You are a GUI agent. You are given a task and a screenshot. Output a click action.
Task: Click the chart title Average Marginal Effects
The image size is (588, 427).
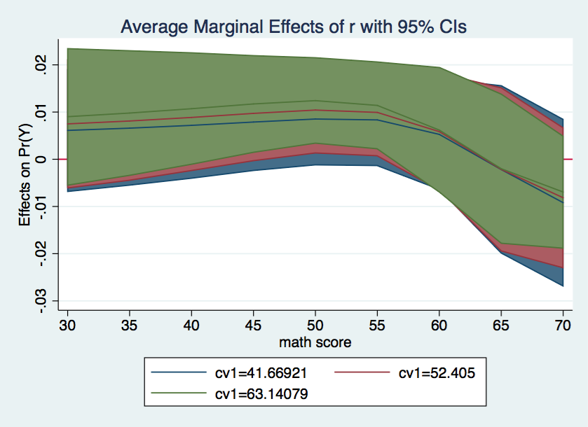[294, 27]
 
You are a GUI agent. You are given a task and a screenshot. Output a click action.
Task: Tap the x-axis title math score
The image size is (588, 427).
[315, 343]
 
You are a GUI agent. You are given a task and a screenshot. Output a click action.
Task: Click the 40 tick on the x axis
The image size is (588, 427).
[191, 326]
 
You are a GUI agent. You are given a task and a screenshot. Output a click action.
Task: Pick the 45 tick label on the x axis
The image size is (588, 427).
[252, 326]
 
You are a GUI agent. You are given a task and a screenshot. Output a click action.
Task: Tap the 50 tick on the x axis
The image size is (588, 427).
[315, 326]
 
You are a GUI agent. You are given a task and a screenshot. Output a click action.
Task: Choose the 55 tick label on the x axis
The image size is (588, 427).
[377, 326]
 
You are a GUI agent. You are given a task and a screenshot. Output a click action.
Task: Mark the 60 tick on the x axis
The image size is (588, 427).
[439, 326]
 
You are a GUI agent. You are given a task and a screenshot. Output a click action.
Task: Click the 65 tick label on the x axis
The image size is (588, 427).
[501, 326]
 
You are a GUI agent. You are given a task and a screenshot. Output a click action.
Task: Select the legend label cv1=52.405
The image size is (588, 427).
[437, 373]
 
